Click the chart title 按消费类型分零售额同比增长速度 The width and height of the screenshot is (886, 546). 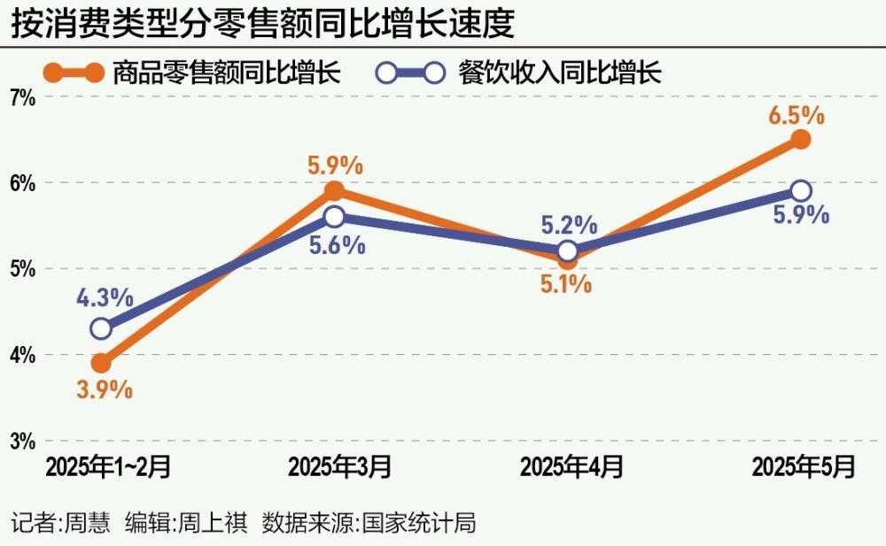tap(263, 24)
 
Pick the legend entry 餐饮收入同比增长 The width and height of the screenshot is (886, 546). tap(560, 72)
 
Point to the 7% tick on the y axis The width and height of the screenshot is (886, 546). tap(22, 98)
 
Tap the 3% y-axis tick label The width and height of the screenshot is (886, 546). tap(22, 441)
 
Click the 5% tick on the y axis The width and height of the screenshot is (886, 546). tap(22, 269)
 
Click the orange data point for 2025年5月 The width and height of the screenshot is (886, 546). tap(801, 139)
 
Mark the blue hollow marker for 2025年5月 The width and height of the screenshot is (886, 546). tap(801, 191)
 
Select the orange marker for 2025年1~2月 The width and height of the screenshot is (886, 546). tap(101, 363)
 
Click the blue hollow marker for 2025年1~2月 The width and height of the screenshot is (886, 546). tap(101, 328)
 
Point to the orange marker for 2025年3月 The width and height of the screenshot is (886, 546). tap(334, 190)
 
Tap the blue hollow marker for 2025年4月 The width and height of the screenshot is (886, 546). tap(568, 250)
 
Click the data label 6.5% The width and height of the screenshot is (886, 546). tap(797, 115)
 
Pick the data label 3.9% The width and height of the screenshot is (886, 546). tap(104, 389)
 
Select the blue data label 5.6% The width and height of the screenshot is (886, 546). tap(337, 244)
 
